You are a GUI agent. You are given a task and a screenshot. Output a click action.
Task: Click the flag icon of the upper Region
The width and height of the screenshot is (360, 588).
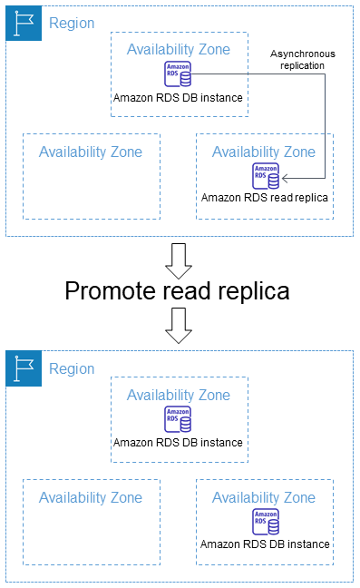tap(23, 23)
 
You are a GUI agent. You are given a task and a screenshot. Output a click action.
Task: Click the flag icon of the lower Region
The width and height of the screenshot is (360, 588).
tap(23, 368)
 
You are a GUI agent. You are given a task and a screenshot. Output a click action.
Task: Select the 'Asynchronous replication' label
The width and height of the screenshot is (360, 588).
tap(302, 60)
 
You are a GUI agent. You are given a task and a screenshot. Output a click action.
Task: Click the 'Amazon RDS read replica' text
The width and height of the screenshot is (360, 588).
tap(265, 197)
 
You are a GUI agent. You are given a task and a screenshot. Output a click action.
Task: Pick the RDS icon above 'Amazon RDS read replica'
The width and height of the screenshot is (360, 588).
tap(266, 175)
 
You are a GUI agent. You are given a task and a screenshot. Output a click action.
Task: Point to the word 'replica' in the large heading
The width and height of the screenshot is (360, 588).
tap(254, 291)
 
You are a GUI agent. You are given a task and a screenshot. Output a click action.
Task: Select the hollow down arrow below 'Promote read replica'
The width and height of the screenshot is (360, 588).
tap(180, 326)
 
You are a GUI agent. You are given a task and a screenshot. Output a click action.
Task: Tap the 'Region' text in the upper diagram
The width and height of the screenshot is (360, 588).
tap(72, 24)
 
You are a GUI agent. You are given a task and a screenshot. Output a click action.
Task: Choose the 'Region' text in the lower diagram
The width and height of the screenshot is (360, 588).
tap(72, 369)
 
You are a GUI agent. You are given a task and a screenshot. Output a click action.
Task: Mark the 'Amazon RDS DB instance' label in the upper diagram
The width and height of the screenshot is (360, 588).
tap(179, 97)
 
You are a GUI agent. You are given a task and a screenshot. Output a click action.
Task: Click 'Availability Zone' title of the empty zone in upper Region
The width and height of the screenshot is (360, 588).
tap(91, 152)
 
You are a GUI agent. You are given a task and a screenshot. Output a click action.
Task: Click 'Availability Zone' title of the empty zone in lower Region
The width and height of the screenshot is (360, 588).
tap(91, 497)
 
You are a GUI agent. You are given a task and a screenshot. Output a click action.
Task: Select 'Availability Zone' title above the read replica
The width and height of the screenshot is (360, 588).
tap(265, 152)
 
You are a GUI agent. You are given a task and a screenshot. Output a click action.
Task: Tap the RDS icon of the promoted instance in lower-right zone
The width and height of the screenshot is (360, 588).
tap(266, 521)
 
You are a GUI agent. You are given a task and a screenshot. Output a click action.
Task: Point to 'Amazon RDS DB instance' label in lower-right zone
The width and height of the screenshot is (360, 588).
tap(265, 544)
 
